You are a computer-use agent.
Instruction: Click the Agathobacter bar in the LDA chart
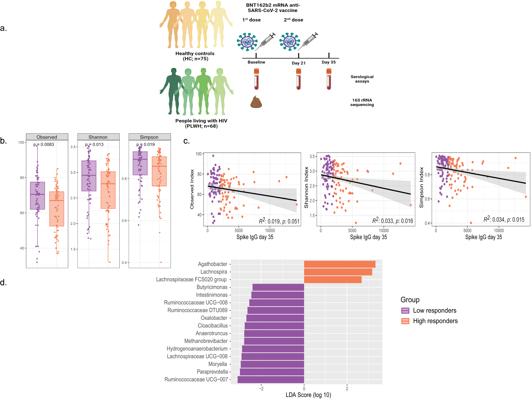(339, 264)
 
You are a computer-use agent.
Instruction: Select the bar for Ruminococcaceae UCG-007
(271, 380)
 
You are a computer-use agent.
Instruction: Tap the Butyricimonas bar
(278, 287)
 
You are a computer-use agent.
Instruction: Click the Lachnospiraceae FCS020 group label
(191, 280)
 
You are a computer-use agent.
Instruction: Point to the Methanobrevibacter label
(206, 341)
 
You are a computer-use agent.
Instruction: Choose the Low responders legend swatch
(405, 311)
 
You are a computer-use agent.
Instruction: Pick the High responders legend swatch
(405, 321)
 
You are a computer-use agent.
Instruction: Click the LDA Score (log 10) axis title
(308, 395)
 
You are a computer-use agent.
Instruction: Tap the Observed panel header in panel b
(47, 137)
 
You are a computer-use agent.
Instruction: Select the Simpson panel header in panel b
(149, 137)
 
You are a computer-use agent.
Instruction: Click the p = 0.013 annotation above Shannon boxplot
(94, 145)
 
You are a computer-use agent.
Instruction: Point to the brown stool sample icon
(256, 102)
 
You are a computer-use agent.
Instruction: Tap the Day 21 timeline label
(299, 63)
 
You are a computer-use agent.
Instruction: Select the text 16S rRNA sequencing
(362, 103)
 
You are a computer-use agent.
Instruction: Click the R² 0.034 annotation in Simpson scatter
(504, 220)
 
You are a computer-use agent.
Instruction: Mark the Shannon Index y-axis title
(306, 187)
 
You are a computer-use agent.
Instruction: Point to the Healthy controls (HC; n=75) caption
(195, 56)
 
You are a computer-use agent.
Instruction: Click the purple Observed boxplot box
(37, 196)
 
